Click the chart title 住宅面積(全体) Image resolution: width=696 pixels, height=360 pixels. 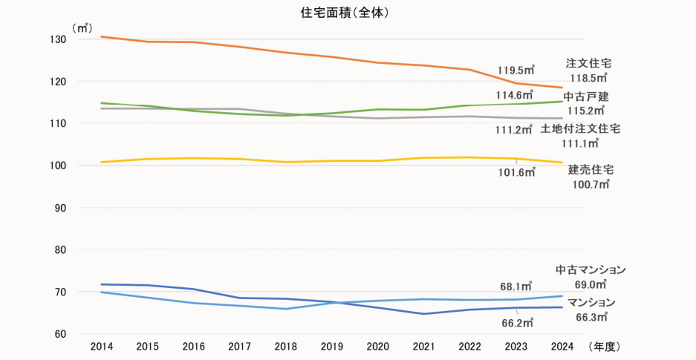[x=348, y=13]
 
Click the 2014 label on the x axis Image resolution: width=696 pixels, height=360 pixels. [x=102, y=347]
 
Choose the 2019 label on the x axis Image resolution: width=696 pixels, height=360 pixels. [x=331, y=347]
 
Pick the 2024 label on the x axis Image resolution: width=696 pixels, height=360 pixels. [x=562, y=347]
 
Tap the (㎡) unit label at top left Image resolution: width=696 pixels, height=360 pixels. [x=81, y=27]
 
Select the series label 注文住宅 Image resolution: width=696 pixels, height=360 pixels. [x=588, y=63]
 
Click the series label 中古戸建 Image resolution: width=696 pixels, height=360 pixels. [x=585, y=96]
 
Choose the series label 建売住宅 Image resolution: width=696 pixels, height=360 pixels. [x=591, y=170]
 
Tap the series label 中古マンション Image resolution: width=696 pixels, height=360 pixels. [x=591, y=269]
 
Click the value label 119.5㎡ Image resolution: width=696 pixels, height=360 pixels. [x=516, y=71]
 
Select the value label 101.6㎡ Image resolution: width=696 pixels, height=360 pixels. [x=516, y=172]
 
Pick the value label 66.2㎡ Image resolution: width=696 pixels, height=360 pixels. [x=516, y=323]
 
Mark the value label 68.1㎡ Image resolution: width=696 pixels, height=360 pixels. [x=516, y=286]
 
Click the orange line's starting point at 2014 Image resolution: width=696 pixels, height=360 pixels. [x=102, y=36]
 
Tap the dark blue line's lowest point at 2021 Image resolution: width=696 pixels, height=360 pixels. [x=423, y=314]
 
